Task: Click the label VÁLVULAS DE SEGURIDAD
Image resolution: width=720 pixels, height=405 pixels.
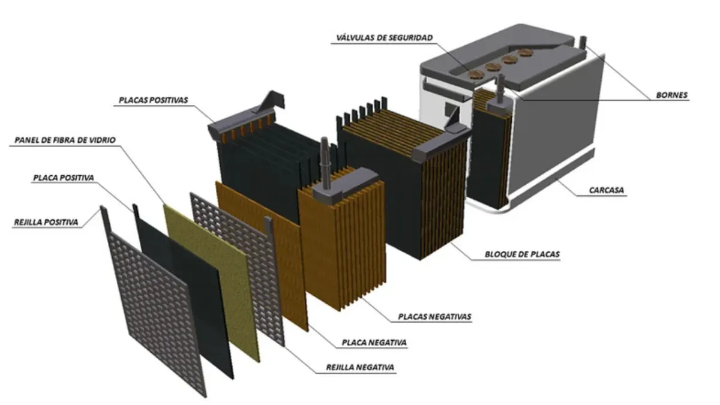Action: (x=385, y=38)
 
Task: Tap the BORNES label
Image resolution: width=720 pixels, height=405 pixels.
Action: (x=671, y=95)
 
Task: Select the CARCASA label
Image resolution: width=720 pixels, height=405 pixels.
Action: (x=606, y=190)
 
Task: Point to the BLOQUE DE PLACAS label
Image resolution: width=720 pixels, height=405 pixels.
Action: (x=522, y=254)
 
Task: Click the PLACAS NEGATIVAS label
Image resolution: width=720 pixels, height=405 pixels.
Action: (x=434, y=317)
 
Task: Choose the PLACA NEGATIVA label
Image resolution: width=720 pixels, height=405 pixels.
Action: (x=374, y=343)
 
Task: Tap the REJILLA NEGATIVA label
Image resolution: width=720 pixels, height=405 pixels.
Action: (x=360, y=367)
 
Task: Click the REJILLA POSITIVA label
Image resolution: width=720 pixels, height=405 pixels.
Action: (x=46, y=223)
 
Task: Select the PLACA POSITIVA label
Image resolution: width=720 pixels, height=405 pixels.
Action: (x=64, y=178)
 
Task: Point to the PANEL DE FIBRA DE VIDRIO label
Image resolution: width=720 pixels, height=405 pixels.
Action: (x=65, y=140)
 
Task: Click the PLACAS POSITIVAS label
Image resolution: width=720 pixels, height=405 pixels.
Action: (x=153, y=100)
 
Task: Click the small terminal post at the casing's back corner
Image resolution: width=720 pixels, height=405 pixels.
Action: (x=583, y=43)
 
